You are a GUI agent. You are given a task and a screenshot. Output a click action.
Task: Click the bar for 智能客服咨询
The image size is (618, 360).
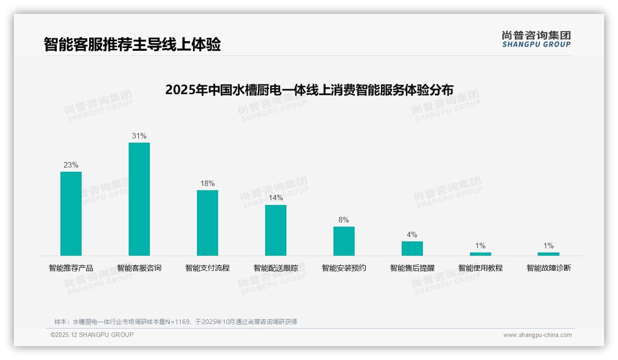pos(139,199)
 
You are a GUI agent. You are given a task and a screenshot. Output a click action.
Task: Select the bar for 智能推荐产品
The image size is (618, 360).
pos(71,214)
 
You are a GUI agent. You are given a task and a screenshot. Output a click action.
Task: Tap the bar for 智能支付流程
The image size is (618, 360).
pos(208,223)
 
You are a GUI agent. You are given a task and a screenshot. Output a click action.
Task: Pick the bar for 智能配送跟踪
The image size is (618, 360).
pos(276,230)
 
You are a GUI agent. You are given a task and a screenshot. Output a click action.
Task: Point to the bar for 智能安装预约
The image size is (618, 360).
pos(344,241)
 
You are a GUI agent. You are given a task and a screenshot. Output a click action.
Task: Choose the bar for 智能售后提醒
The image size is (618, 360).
pos(412,248)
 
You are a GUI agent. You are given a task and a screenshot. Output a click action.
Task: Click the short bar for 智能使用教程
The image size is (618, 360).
pos(481,254)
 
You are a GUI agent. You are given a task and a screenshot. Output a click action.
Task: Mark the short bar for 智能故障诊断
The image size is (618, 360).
pos(548,254)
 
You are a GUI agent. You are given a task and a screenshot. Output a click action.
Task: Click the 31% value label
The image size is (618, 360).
pos(139,136)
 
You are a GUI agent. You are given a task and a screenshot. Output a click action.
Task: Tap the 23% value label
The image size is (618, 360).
pos(71,165)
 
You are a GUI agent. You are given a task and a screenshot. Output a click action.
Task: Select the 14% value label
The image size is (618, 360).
pos(276,198)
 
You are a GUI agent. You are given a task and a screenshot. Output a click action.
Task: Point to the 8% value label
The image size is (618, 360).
pos(344,220)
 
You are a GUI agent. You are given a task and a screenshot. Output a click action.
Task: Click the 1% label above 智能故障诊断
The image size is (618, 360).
pos(548,246)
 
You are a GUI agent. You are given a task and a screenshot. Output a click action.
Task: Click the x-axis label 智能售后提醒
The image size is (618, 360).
pos(412,268)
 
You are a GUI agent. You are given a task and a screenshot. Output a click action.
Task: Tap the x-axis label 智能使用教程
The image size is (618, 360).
pos(481,268)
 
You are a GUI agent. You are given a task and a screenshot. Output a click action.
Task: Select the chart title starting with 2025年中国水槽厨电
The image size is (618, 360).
pos(309,90)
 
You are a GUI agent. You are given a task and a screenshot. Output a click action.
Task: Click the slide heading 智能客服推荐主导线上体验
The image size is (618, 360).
pos(132,44)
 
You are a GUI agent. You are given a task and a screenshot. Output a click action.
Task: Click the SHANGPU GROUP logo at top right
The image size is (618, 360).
pos(536,39)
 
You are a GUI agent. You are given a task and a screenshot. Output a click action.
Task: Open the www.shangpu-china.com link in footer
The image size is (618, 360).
pos(537,335)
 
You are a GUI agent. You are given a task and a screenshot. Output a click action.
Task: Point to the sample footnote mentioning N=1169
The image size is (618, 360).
pos(176,322)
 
